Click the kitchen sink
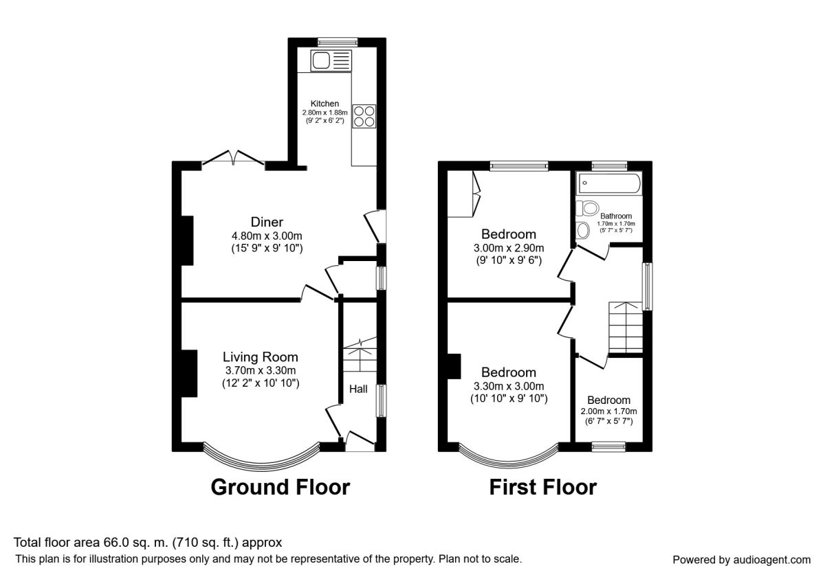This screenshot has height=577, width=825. click(x=331, y=60)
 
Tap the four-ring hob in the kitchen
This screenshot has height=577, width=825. click(x=364, y=116)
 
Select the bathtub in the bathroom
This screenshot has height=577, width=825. click(x=609, y=183)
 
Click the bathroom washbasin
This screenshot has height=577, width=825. click(x=583, y=231)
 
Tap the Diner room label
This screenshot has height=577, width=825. click(x=267, y=222)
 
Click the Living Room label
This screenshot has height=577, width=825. click(x=261, y=357)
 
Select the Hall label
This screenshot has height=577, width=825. click(x=358, y=389)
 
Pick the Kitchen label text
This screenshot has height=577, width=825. click(x=324, y=104)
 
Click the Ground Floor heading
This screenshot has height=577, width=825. click(x=280, y=487)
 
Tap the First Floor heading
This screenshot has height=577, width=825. click(x=543, y=487)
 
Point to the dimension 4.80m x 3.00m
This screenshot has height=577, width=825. click(x=267, y=236)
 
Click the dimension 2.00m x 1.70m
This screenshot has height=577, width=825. click(x=609, y=411)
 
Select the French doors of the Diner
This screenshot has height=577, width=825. click(x=233, y=157)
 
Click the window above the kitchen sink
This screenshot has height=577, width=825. click(x=338, y=42)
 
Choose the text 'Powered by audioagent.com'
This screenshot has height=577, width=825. click(x=741, y=560)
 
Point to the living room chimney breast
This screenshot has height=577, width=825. click(x=189, y=373)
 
